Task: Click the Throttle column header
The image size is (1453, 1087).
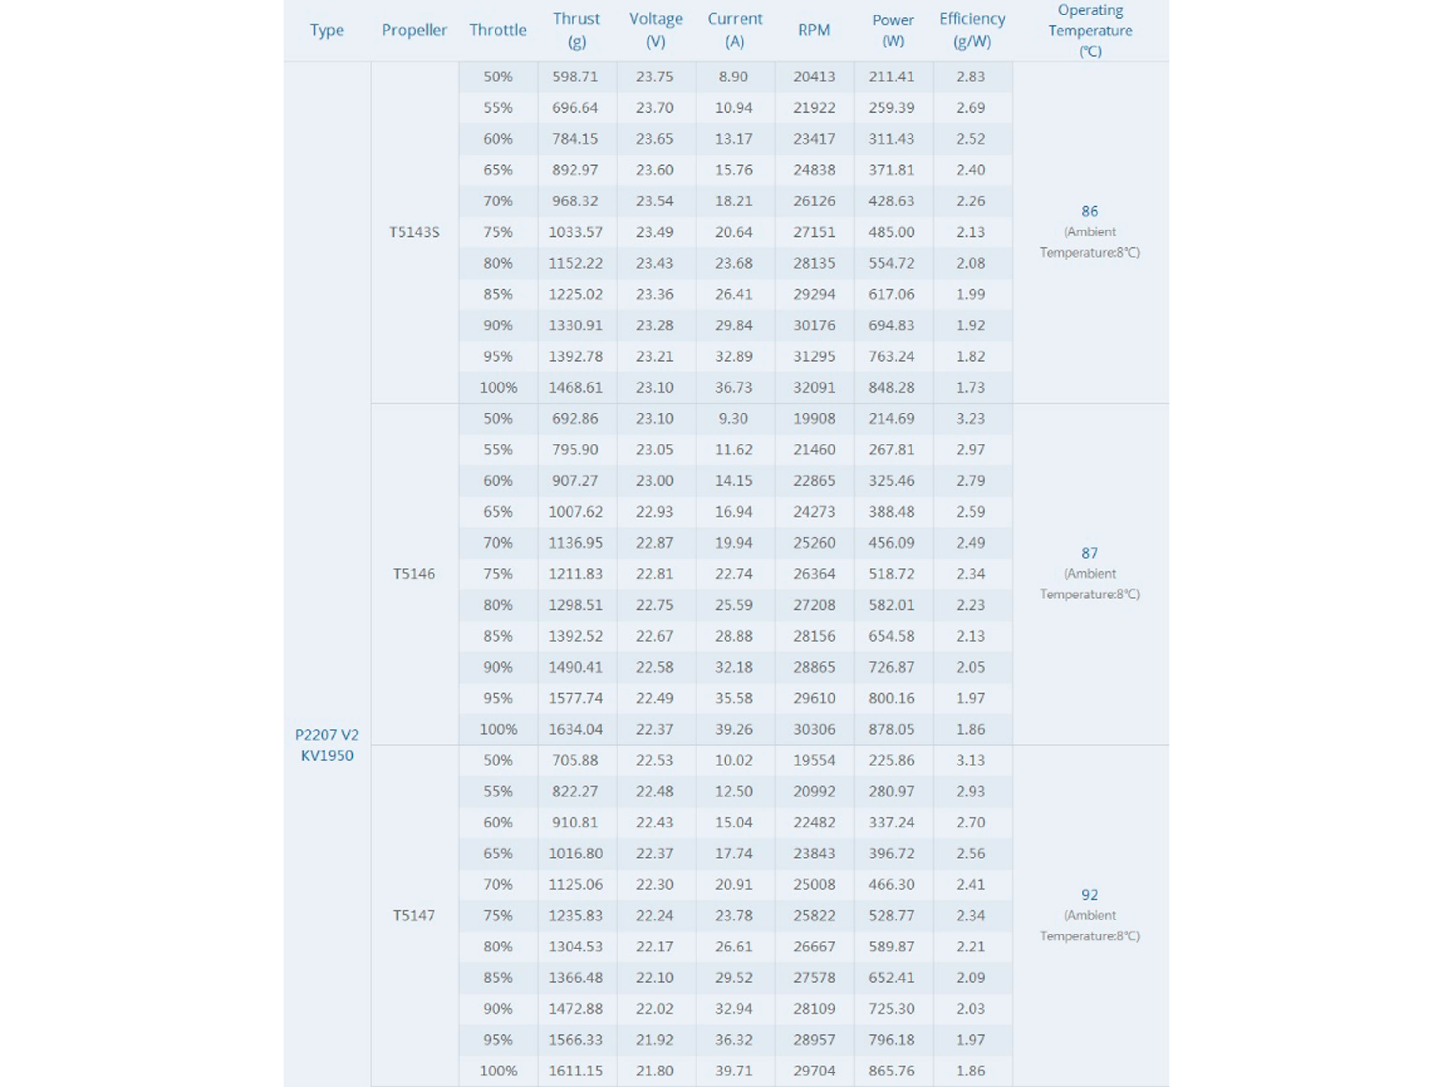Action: (497, 30)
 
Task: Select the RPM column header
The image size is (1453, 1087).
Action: (814, 30)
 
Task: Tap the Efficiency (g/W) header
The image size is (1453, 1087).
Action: (972, 30)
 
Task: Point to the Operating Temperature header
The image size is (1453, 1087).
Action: (1090, 30)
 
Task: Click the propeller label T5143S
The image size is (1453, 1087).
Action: (414, 232)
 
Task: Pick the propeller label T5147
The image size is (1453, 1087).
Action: (414, 916)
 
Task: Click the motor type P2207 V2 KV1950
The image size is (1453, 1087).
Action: (326, 745)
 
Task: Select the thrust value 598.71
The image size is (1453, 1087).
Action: (575, 77)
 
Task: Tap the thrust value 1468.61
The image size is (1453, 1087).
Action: (575, 387)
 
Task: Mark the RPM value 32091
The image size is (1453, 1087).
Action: (814, 387)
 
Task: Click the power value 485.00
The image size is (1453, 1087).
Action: (891, 232)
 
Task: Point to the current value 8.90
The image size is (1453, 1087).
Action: (733, 77)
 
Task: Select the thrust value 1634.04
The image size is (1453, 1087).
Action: (575, 729)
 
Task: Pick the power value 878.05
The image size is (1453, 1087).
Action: (891, 729)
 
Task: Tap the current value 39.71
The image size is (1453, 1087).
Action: (734, 1071)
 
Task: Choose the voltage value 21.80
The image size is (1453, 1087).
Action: (654, 1071)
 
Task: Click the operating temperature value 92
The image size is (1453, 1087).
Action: (1090, 895)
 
